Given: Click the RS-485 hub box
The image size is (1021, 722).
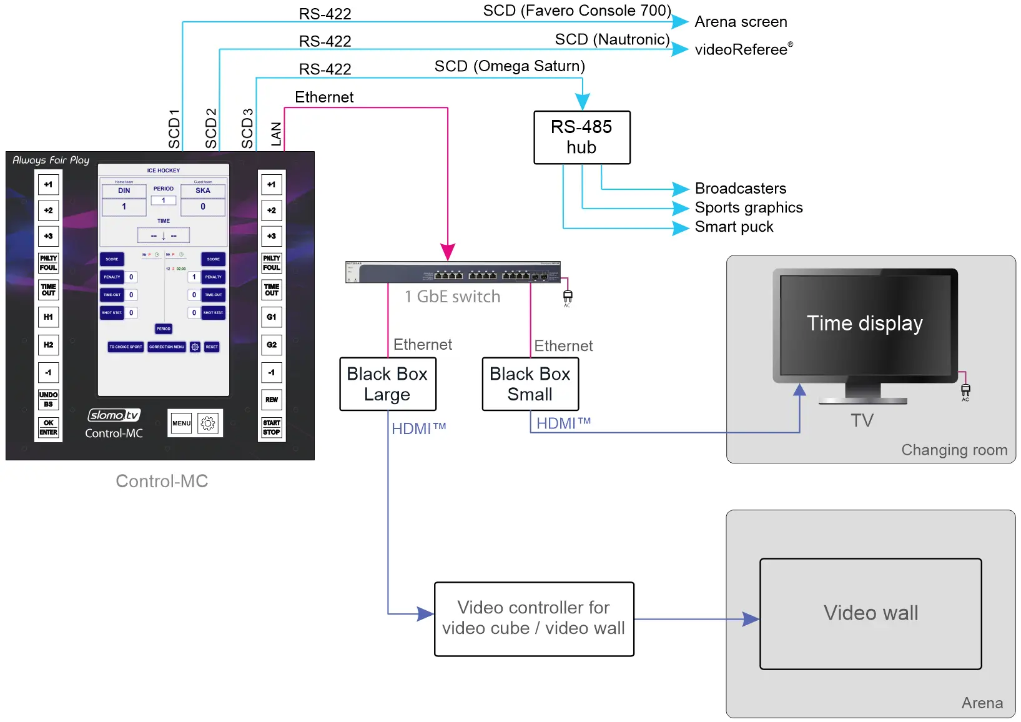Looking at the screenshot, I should coord(581,137).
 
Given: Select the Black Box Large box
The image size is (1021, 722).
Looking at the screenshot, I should coord(387,384).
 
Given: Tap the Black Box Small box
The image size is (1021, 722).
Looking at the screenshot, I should coord(530,384).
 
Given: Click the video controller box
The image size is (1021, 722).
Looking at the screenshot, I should coord(534,618).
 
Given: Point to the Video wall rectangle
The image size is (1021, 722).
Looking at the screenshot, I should coord(871,613).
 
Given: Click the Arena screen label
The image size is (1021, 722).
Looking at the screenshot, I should coord(741,22).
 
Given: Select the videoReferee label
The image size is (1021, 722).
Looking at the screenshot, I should coord(742,49).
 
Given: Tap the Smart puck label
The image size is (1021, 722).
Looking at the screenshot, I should coord(734,227).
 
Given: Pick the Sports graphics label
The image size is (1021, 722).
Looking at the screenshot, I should coord(748,207).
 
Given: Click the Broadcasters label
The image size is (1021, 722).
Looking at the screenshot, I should coord(740,189).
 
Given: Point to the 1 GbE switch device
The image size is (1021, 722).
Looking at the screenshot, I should coord(453,272).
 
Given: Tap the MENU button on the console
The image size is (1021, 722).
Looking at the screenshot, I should coord(181,423).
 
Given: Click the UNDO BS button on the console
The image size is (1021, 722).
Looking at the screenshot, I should coord(48,400).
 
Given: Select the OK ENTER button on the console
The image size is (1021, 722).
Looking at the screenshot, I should coord(48,428).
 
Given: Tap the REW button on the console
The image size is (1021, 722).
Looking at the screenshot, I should coord(272,400).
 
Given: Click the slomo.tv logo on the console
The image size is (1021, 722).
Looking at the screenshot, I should coord(114,415).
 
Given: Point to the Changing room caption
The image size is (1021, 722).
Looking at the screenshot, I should coord(954,450).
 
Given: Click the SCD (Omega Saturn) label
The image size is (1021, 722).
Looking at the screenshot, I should coord(510,66).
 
